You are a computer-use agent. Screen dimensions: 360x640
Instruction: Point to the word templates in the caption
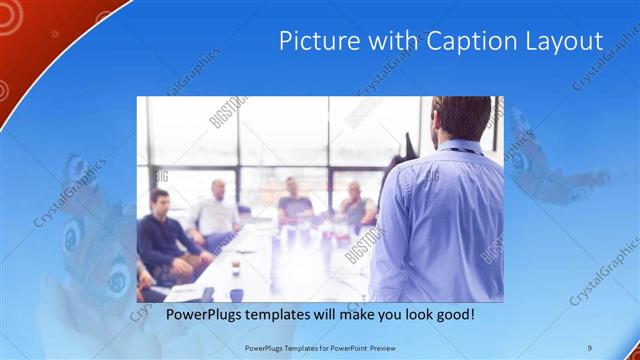(292, 315)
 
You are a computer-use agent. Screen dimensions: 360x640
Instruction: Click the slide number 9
(589, 347)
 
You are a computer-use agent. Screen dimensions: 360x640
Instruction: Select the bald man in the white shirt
(216, 210)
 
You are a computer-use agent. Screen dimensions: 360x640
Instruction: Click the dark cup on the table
(235, 268)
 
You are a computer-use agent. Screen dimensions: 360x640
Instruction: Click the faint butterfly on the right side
(545, 165)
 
